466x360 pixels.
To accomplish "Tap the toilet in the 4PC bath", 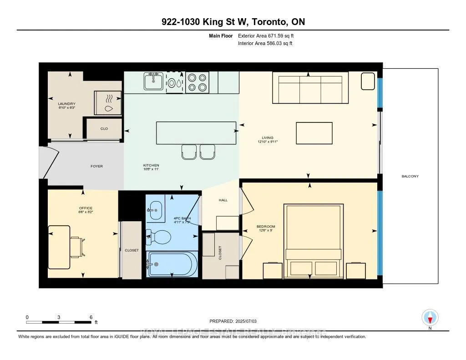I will (x=159, y=236).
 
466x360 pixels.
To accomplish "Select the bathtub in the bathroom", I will (x=172, y=264).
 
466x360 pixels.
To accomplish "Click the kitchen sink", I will (x=154, y=82).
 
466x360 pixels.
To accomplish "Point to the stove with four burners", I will (x=197, y=82).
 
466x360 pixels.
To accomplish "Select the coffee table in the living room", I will (x=311, y=133).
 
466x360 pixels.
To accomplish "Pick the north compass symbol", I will (x=430, y=317).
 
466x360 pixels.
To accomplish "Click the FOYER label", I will (x=96, y=166).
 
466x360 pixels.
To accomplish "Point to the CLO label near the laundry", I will (x=104, y=129).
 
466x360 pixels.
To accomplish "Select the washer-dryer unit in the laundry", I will (x=108, y=102).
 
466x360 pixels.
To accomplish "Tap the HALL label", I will (x=223, y=200).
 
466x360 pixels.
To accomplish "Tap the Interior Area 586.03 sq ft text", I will (x=265, y=43).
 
